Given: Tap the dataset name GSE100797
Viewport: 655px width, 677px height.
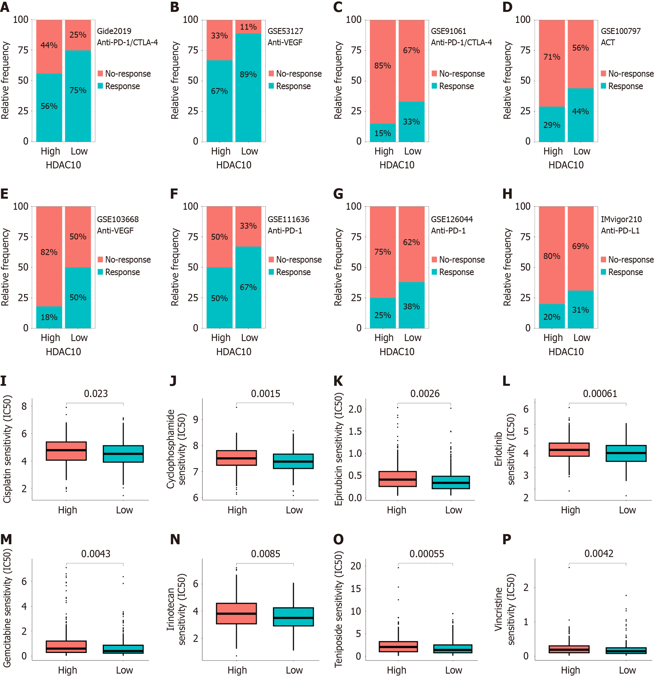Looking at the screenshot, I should tap(620, 31).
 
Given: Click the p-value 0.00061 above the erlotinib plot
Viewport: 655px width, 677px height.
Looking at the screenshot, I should tap(600, 393).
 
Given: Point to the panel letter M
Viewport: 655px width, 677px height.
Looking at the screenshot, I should tap(6, 539).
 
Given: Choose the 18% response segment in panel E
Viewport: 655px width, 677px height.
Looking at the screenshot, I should tap(49, 317).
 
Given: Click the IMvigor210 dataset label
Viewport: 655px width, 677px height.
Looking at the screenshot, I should tap(621, 219).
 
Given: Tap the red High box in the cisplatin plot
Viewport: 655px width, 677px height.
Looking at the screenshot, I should tap(66, 451).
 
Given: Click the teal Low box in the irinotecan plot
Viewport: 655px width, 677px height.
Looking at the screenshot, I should tap(293, 616).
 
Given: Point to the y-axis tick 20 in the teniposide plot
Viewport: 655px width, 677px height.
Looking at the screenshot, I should tap(356, 566).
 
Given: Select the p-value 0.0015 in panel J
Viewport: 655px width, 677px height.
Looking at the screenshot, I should tap(265, 393).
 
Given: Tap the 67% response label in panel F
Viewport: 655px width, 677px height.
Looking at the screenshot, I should tap(248, 287).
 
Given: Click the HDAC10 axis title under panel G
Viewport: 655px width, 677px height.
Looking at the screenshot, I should tap(397, 352).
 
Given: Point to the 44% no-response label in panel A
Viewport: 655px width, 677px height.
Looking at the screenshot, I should tap(49, 45).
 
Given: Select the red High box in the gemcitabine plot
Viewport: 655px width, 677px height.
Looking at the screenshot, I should tap(66, 647).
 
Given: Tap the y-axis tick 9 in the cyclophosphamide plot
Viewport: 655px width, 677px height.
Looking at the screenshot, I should tap(196, 419).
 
